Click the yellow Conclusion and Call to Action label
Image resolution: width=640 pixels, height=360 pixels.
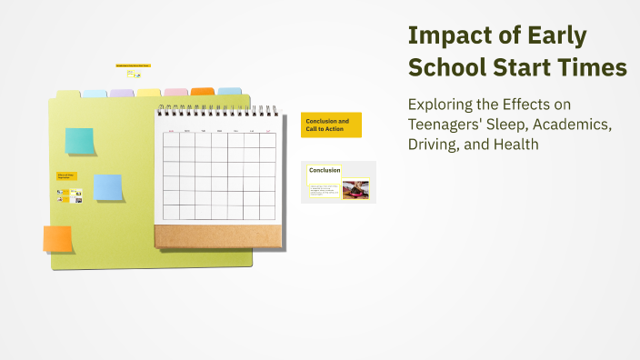[x=331, y=125]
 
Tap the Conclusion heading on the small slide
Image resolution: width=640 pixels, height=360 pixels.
[x=325, y=170]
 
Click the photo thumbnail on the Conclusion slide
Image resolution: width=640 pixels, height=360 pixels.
[x=355, y=190]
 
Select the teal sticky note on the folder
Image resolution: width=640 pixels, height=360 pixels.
[x=79, y=141]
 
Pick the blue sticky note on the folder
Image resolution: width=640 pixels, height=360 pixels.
[x=108, y=187]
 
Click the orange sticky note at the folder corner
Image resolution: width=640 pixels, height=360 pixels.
[x=57, y=238]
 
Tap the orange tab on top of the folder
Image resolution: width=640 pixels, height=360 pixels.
[x=203, y=92]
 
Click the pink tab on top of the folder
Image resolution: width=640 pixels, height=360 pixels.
[x=176, y=93]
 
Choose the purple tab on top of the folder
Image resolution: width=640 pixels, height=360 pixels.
[x=122, y=93]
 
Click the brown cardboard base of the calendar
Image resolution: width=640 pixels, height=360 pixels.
[x=217, y=235]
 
